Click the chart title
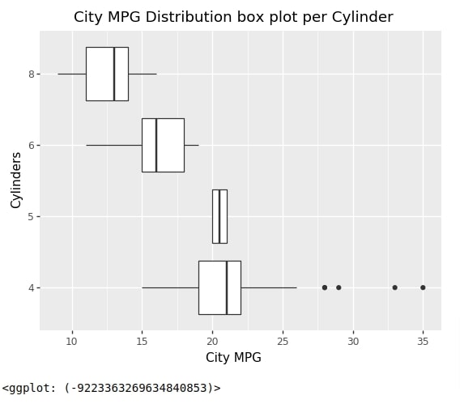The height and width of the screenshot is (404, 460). [233, 17]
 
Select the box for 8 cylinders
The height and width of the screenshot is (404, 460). [107, 74]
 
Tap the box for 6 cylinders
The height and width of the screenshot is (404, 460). [163, 145]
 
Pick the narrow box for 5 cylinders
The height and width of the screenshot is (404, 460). [219, 216]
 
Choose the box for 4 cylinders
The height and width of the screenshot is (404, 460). [219, 287]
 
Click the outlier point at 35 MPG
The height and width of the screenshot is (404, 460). [423, 287]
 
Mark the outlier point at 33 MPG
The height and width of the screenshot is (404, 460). [394, 287]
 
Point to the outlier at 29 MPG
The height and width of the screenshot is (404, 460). [339, 287]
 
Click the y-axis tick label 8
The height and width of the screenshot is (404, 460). [32, 74]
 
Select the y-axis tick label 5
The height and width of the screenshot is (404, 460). [32, 216]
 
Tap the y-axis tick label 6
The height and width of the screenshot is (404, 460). [32, 145]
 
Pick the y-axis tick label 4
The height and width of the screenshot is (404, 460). [32, 287]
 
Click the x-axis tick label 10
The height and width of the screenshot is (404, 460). [72, 341]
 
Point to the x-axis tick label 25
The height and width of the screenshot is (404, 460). [283, 341]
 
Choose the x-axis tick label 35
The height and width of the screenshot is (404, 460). [423, 341]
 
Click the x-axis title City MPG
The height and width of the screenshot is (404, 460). [233, 357]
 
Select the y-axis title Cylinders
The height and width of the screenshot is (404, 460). [16, 180]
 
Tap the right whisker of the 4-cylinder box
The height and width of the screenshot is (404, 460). [268, 287]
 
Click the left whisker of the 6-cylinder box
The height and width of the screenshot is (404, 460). [114, 145]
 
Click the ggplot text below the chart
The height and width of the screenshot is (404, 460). [111, 388]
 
